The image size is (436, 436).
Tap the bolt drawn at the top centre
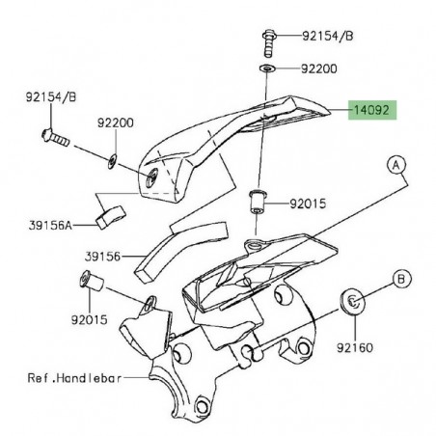click(x=266, y=41)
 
